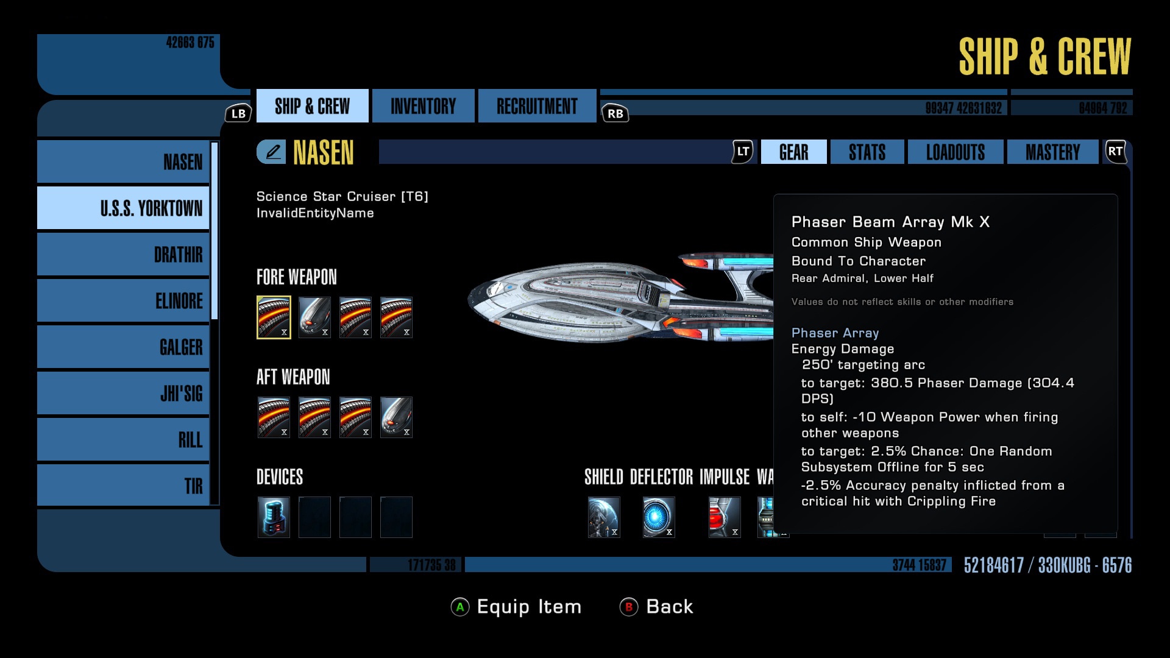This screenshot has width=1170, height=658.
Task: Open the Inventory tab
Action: (423, 106)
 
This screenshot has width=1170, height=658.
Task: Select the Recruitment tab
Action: (537, 106)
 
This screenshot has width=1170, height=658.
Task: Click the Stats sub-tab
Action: (867, 152)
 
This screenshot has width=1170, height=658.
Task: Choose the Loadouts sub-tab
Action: (955, 152)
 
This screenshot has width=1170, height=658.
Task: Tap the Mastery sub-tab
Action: (1052, 152)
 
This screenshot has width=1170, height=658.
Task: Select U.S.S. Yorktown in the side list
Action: (123, 208)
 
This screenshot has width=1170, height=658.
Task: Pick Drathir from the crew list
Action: (123, 255)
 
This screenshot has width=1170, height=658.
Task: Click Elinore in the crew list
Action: (123, 301)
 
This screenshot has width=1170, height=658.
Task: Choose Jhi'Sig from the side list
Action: (123, 394)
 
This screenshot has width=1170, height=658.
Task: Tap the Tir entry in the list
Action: (123, 486)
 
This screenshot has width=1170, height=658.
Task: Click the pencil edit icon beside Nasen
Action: (272, 152)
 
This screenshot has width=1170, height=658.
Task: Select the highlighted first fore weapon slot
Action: (274, 317)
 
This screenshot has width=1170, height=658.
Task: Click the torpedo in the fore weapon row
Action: (314, 317)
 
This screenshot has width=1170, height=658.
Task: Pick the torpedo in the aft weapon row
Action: (396, 417)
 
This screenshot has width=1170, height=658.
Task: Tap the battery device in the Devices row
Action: (274, 517)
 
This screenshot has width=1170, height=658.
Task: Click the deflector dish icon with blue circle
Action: (659, 517)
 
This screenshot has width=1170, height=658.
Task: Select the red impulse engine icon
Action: (725, 517)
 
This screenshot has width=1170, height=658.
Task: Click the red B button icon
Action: (628, 607)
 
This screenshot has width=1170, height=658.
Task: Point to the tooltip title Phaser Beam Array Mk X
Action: (890, 222)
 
